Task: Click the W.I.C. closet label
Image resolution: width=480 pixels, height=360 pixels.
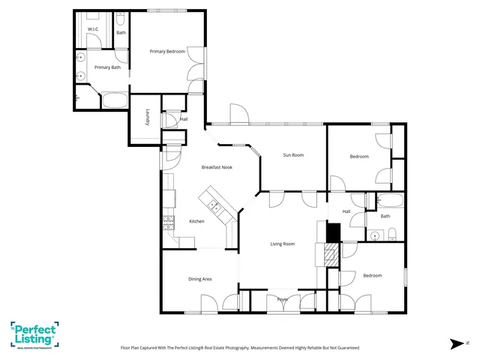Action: coord(93,29)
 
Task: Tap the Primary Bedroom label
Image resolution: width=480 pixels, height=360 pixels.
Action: coord(167,51)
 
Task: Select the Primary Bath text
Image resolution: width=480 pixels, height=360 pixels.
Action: coord(107,67)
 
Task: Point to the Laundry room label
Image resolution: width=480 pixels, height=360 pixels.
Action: coord(148,118)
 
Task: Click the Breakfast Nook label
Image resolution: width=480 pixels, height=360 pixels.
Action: coord(217,167)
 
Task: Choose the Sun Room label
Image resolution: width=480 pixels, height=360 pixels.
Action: coord(293,155)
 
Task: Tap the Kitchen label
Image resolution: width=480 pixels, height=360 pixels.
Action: coord(196,221)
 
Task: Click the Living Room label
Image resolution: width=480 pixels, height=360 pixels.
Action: coord(282,244)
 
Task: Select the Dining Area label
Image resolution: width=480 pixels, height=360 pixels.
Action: coord(199,279)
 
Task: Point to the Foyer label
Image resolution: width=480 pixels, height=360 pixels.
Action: coord(283,299)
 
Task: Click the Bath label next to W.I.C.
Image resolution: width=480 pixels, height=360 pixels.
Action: coord(121,32)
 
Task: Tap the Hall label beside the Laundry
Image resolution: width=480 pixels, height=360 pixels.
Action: coord(184,118)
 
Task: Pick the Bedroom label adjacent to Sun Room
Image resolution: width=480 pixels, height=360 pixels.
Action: coord(359,156)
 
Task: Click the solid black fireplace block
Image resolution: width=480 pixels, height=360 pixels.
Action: coord(331,232)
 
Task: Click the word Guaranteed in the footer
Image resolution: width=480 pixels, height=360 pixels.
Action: coord(344,348)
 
